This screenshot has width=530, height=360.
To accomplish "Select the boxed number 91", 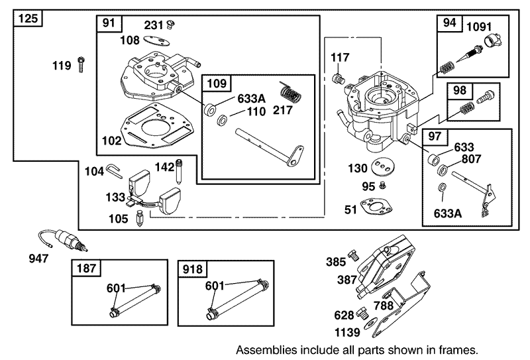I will pyautogui.click(x=109, y=23).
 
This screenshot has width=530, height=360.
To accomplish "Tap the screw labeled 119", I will pyautogui.click(x=80, y=64).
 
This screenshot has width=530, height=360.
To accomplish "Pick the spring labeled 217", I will pyautogui.click(x=287, y=88).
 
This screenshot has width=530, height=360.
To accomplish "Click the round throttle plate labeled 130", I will pyautogui.click(x=380, y=168).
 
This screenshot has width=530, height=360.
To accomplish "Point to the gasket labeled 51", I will pyautogui.click(x=375, y=208).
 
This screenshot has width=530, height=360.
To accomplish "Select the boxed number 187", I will pyautogui.click(x=87, y=269).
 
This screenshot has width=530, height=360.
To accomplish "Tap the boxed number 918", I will pyautogui.click(x=193, y=269).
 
